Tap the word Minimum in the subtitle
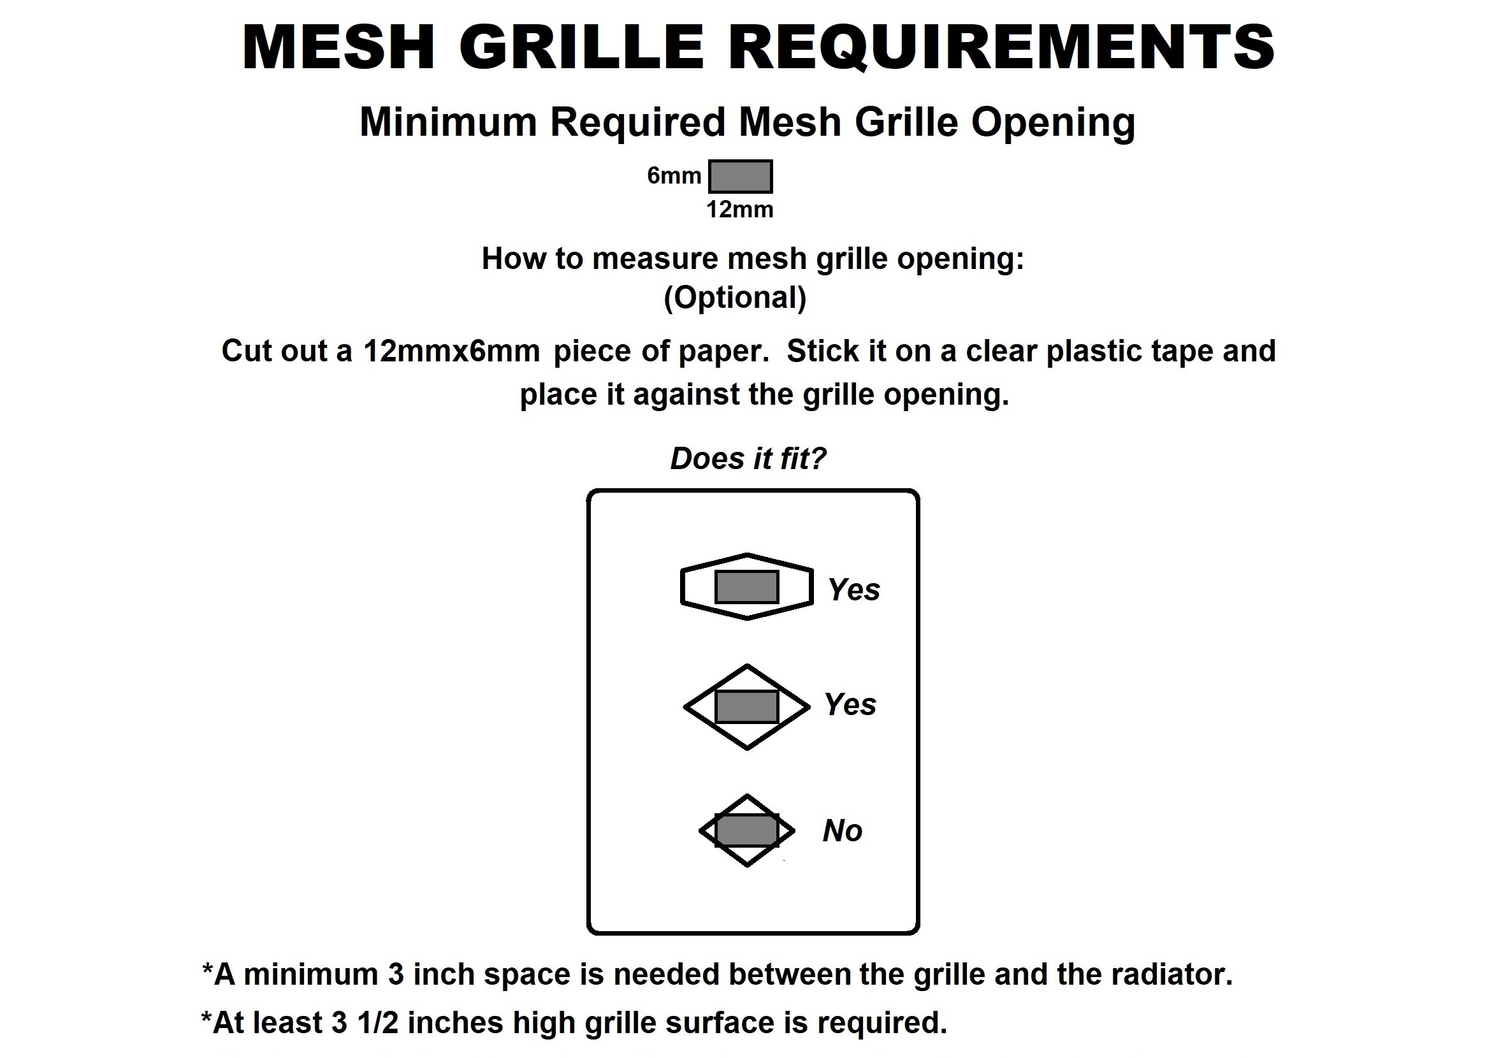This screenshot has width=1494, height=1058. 447,122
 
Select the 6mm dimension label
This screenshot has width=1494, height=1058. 674,175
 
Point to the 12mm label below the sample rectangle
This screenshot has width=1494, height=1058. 739,210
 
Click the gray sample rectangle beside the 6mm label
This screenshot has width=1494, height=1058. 740,177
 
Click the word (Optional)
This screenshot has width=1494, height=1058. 735,298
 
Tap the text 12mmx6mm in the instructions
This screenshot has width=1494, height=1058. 451,351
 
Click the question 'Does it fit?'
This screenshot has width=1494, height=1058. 748,459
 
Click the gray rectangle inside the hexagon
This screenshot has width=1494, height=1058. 746,587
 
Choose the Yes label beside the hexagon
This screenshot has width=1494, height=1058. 853,590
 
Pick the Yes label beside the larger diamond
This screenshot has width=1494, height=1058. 850,705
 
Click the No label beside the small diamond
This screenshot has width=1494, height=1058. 843,831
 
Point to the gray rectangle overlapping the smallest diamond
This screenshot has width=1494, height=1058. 746,830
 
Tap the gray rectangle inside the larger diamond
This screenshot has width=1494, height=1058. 746,707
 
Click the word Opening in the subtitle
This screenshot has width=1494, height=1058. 1053,122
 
